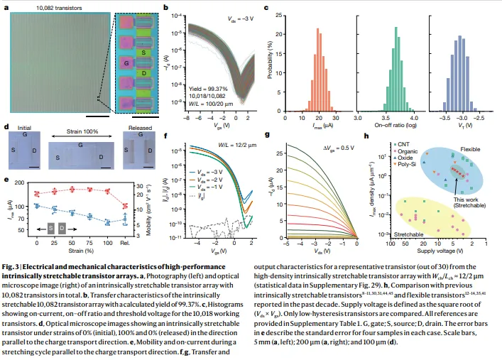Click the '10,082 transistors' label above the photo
pyautogui.click(x=42, y=8)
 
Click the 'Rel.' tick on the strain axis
pyautogui.click(x=126, y=243)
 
